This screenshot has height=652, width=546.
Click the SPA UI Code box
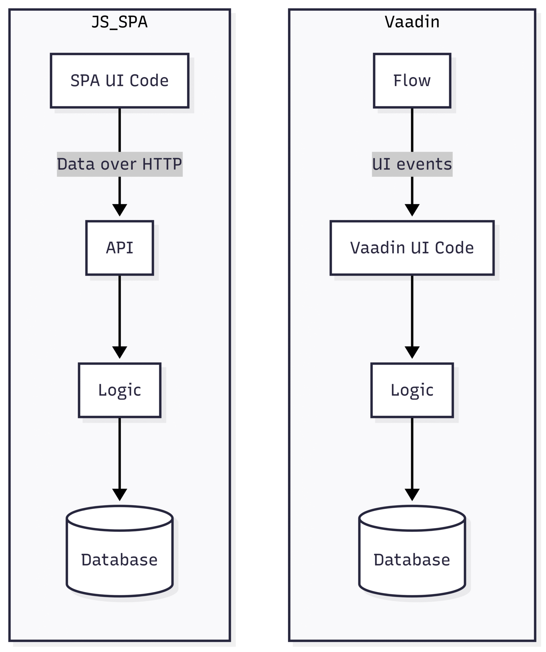(x=119, y=81)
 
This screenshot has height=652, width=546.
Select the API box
(x=119, y=248)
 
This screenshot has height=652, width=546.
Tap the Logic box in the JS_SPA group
(x=119, y=390)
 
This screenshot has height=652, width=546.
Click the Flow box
(x=412, y=81)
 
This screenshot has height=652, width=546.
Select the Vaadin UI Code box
(x=412, y=248)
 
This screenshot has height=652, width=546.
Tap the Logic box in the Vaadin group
(x=412, y=390)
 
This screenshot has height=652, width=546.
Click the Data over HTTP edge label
(x=119, y=164)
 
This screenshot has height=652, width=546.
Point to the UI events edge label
(x=412, y=164)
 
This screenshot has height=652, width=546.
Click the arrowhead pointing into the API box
(x=119, y=210)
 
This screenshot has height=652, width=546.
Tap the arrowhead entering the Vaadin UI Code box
(x=412, y=210)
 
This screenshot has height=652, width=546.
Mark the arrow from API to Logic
(x=119, y=312)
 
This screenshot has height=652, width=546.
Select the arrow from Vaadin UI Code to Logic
(x=412, y=312)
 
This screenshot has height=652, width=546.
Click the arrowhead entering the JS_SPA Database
(x=119, y=494)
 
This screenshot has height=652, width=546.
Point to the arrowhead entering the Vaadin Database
(x=412, y=494)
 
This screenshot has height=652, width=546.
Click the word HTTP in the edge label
(x=162, y=164)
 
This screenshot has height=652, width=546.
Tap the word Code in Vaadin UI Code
(x=454, y=248)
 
